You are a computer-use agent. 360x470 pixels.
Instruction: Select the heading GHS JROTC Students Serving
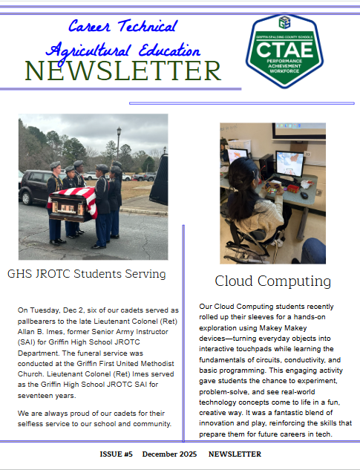point(86,274)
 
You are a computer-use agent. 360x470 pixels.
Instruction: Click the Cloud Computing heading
point(272,281)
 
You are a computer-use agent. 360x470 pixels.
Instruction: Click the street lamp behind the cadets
point(119,141)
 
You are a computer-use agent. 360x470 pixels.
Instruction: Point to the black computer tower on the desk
point(264,167)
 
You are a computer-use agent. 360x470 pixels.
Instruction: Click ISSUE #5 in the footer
point(116,454)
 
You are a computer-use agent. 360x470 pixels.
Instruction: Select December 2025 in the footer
point(170,454)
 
